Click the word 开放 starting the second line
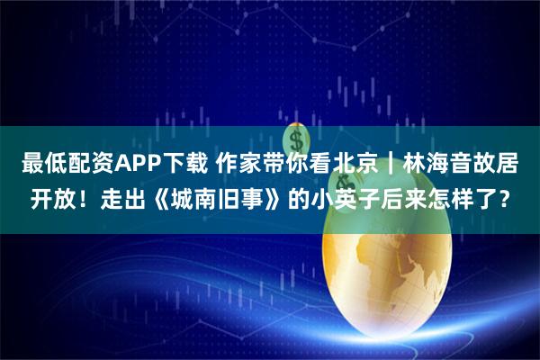(43, 200)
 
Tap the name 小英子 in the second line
(332, 200)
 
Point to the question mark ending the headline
(511, 200)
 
